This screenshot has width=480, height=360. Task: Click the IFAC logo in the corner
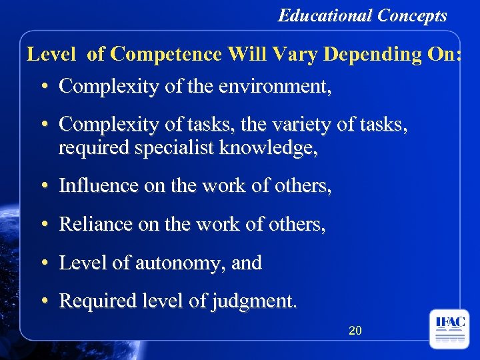449,329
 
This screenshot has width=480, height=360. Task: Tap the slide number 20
355,330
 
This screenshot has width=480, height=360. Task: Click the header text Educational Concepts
362,15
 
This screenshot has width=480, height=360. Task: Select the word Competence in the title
167,55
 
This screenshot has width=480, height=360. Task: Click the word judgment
251,302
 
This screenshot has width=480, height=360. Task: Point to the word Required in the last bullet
98,301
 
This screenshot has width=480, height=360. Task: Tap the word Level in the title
51,55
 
